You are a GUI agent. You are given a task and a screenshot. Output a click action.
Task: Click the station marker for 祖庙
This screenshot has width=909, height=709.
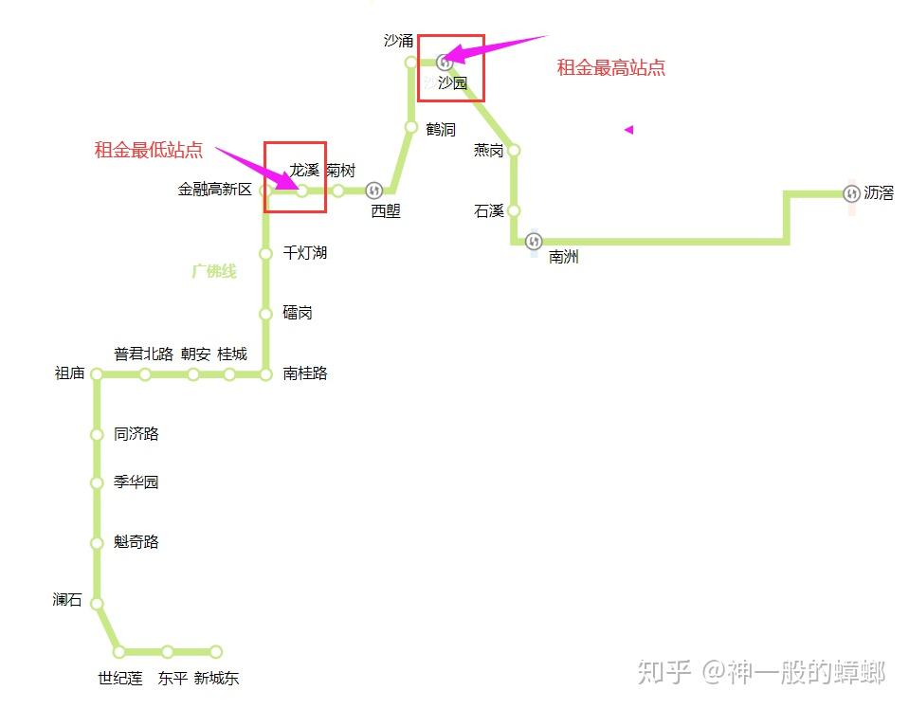97,374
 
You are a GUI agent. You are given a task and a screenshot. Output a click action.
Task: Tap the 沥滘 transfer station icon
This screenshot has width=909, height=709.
850,193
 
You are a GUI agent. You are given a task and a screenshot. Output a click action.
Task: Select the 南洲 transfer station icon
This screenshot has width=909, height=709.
534,242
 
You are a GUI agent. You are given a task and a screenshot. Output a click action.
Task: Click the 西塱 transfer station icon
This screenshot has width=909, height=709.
373,191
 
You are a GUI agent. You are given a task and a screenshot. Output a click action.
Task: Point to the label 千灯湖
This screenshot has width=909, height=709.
305,253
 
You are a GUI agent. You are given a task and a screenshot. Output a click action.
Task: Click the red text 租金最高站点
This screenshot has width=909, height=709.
610,67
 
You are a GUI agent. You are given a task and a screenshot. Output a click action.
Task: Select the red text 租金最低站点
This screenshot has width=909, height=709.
149,150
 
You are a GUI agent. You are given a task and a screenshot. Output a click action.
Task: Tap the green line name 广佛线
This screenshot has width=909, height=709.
214,271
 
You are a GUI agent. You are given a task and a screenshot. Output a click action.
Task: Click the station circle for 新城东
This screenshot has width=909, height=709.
216,651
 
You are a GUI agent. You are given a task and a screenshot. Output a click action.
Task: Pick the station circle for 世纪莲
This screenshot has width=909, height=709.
119,651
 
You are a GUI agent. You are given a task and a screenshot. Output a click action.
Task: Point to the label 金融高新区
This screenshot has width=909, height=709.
215,190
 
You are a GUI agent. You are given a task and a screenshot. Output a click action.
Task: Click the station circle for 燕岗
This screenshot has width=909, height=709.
514,150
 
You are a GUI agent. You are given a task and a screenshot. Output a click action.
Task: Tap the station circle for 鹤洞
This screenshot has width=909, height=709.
411,127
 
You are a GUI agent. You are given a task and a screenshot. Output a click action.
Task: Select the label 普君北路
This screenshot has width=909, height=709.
144,354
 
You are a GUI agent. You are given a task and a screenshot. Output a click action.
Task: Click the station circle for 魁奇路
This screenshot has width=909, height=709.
97,543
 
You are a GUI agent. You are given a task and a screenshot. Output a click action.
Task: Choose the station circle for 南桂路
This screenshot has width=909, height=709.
265,374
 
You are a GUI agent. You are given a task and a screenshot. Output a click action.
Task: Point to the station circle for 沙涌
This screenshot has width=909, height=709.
411,63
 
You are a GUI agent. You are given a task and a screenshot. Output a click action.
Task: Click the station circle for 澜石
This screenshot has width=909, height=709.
97,604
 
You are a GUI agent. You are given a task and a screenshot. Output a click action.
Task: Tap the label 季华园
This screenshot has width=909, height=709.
136,482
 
